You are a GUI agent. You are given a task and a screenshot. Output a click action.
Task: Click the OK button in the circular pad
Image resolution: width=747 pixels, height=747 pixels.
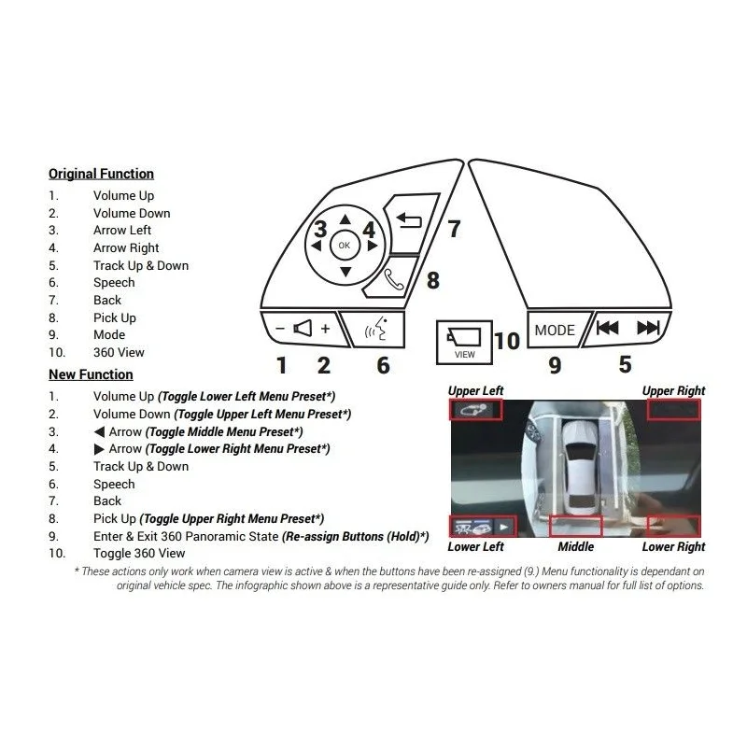344,246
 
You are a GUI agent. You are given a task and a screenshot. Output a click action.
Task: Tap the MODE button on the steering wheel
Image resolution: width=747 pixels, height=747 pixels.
556,330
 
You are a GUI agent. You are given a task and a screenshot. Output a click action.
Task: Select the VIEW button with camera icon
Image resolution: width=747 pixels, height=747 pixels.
464,343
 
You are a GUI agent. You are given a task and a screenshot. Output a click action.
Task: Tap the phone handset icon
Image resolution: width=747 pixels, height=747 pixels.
393,279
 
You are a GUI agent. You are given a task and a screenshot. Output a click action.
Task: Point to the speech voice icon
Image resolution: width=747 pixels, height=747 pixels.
376,329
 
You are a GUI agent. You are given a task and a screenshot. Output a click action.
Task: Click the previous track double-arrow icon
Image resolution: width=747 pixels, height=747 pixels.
607,328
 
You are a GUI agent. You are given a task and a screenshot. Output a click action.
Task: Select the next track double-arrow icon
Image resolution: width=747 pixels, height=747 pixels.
648,328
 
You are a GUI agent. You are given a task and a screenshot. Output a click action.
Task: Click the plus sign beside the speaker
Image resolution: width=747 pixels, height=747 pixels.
325,329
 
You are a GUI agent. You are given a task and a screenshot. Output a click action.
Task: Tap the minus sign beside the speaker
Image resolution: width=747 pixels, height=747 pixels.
280,329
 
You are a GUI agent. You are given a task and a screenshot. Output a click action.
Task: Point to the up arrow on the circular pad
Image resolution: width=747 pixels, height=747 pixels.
345,219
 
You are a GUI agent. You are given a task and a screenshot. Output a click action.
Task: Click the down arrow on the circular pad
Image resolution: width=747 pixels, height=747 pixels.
345,272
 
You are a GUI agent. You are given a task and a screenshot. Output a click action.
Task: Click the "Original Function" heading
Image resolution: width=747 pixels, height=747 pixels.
101,174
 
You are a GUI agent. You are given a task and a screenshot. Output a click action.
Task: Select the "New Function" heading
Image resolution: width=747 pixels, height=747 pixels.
91,374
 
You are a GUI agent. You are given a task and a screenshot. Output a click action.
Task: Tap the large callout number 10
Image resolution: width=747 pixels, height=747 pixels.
507,341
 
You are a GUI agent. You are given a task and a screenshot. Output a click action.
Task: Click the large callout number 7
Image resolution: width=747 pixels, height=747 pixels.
455,229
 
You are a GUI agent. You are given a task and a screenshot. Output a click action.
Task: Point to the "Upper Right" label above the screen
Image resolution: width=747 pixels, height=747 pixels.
673,390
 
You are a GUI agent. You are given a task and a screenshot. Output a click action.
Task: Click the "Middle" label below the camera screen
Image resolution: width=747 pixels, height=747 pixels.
575,546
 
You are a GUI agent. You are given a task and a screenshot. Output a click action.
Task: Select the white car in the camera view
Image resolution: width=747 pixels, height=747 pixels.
579,467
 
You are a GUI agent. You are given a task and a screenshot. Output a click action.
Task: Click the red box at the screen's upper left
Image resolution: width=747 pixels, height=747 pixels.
475,410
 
